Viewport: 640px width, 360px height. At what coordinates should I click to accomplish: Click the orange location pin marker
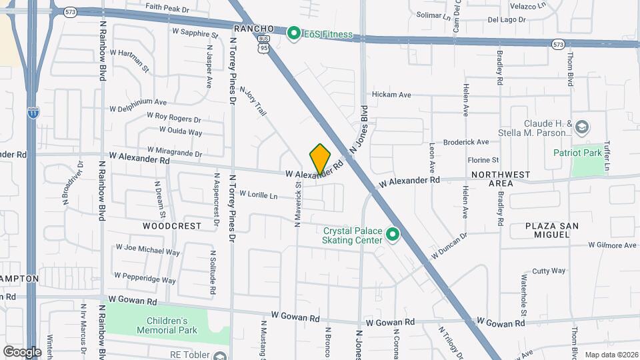click(x=320, y=159)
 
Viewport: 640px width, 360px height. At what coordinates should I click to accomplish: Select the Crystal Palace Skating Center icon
click(x=393, y=235)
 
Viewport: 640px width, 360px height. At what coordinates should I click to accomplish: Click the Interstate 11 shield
click(x=32, y=113)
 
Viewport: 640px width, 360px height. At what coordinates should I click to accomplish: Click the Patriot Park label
click(x=577, y=153)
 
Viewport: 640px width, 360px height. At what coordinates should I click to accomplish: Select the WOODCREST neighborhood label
click(x=172, y=226)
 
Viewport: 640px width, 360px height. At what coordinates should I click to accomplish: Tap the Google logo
click(x=21, y=351)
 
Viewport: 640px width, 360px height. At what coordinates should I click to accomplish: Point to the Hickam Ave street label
click(x=391, y=95)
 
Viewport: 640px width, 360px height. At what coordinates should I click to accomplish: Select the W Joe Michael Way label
click(x=147, y=249)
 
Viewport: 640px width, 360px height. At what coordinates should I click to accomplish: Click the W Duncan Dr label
click(x=449, y=245)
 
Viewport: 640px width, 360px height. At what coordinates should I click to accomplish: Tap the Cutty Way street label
click(x=549, y=271)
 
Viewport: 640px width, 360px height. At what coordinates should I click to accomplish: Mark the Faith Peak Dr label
click(x=167, y=10)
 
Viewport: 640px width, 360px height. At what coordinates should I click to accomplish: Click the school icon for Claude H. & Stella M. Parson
click(x=582, y=127)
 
